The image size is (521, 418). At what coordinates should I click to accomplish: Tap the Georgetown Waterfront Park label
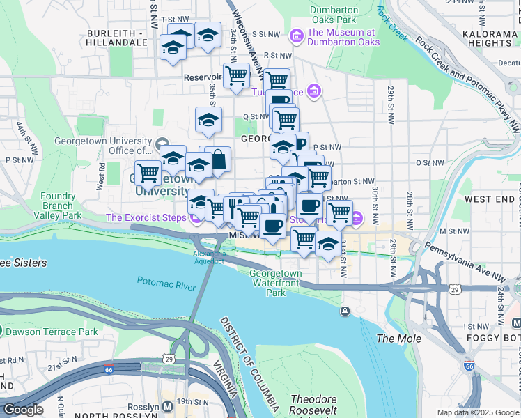(276, 283)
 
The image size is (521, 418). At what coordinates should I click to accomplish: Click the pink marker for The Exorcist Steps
(196, 218)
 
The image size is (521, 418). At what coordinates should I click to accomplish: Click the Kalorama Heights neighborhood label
(491, 38)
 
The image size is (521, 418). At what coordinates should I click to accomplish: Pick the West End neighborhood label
(490, 199)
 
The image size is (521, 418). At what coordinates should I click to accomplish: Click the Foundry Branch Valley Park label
(57, 206)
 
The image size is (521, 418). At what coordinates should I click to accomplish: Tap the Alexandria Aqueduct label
(210, 257)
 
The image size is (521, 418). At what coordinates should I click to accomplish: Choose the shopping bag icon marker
(218, 160)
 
